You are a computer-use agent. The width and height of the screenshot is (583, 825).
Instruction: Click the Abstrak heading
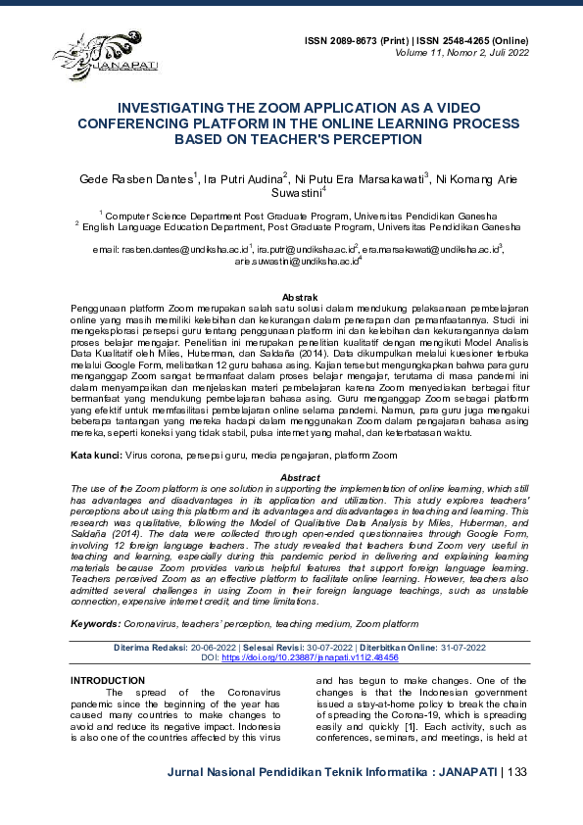tap(298, 296)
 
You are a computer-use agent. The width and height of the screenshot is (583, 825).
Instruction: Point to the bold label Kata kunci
tap(95, 456)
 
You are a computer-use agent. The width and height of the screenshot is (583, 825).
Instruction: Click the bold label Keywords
tap(95, 623)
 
